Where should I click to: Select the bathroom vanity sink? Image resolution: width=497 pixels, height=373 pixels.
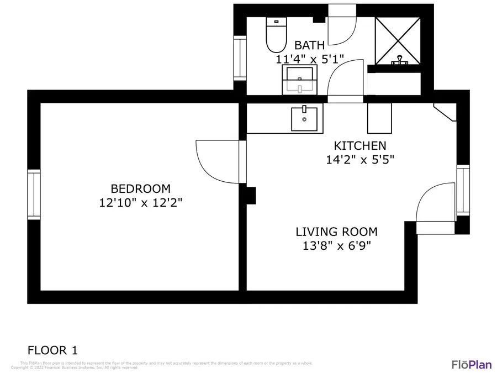pos(300,80)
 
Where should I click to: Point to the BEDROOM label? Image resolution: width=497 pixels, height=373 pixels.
pos(140,188)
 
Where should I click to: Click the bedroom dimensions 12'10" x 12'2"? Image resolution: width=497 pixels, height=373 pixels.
pos(140,203)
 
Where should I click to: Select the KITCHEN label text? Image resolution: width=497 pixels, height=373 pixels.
pos(359,146)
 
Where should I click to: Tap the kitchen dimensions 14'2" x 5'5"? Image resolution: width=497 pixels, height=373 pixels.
pos(359,160)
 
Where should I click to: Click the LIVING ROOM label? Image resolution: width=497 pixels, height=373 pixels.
pos(336,232)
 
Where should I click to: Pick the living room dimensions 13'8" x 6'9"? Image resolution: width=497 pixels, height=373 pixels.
pos(336,246)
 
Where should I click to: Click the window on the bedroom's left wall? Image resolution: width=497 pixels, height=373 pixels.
pos(34,194)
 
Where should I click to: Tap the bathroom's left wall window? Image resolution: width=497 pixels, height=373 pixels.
pos(240,58)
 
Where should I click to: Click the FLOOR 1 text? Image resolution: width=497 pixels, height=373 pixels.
pos(52,350)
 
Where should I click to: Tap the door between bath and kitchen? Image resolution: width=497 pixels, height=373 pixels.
pos(346,83)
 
